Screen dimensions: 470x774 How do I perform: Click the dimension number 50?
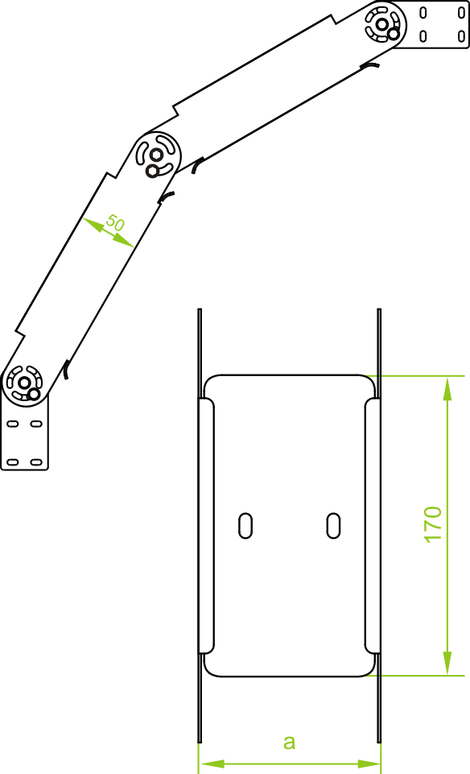(x=115, y=223)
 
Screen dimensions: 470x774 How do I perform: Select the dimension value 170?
(x=433, y=524)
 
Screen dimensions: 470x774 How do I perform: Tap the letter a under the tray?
(x=290, y=742)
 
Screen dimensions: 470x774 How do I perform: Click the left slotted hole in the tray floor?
(x=245, y=526)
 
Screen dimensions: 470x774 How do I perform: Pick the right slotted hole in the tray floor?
(x=334, y=526)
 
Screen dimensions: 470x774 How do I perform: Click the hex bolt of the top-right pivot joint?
(x=381, y=23)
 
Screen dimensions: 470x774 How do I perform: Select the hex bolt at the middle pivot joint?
(x=157, y=155)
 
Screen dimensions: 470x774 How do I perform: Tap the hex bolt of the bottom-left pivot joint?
(x=23, y=382)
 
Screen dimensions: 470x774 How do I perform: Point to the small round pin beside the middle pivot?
(x=152, y=171)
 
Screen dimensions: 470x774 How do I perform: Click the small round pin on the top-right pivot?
(x=393, y=34)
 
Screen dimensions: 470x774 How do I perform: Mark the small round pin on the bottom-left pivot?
(x=34, y=394)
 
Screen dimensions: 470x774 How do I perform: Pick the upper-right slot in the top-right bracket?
(x=462, y=13)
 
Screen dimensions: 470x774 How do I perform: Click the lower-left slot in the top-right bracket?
(x=423, y=35)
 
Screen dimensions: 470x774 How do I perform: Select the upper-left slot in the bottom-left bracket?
(x=12, y=424)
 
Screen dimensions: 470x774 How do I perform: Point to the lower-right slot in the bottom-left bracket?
(x=36, y=462)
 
